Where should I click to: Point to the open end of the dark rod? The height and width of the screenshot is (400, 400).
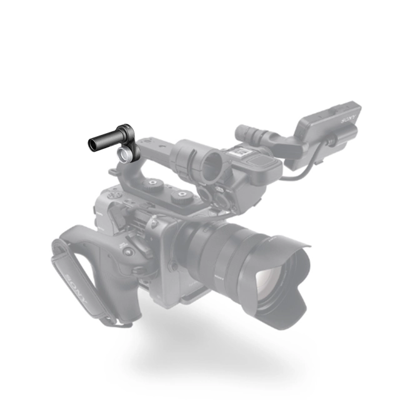point(91,145)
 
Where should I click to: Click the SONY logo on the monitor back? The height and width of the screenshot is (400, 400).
point(348,118)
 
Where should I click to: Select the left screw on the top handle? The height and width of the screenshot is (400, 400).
point(152,183)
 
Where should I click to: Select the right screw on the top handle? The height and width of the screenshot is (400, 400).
point(182,195)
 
